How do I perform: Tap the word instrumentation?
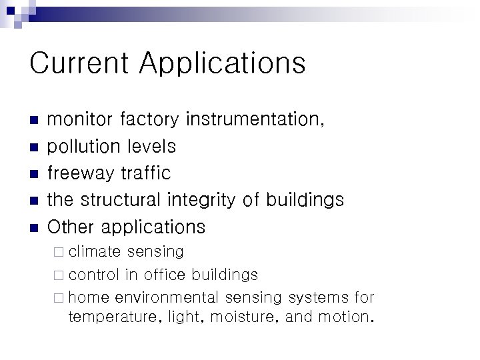click(255, 119)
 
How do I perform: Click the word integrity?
click(206, 200)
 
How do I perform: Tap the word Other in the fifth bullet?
click(71, 227)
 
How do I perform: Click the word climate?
click(95, 252)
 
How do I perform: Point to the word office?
click(165, 275)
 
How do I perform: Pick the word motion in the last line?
click(343, 317)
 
